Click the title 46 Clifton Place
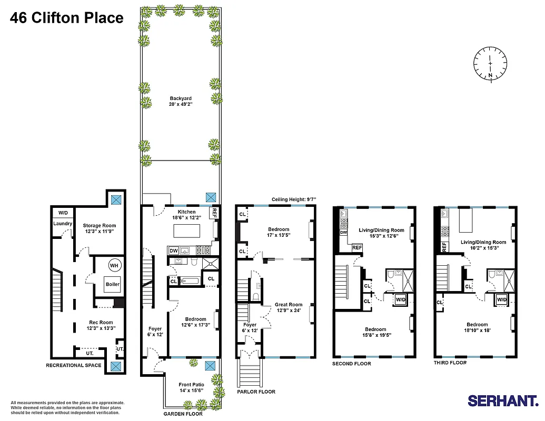[x=67, y=18]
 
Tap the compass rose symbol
[x=490, y=64]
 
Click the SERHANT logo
[x=503, y=401]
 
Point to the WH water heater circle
[x=114, y=265]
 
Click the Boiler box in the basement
[x=113, y=284]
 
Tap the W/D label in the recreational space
[x=63, y=213]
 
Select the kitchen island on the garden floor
[x=187, y=231]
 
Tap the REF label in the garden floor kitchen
[x=214, y=213]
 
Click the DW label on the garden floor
[x=173, y=250]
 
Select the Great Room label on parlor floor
[x=289, y=307]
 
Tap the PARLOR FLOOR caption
[x=256, y=392]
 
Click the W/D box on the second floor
[x=401, y=299]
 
